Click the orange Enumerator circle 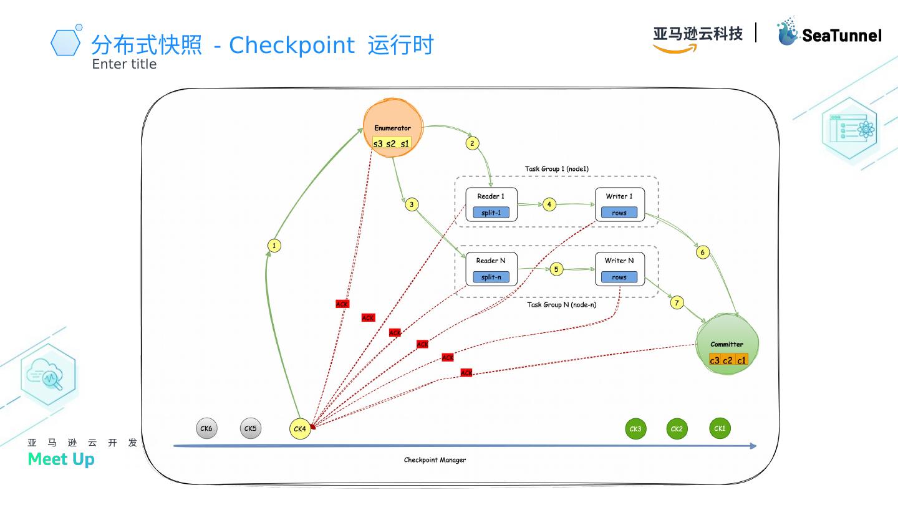coord(393,128)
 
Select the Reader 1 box coord(491,204)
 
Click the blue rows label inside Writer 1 coord(619,213)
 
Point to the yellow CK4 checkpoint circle coord(300,429)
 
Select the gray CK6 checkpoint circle coord(206,428)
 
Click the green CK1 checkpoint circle coord(720,428)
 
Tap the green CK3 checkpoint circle coord(635,429)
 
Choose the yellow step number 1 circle coord(274,246)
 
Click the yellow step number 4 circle coord(549,204)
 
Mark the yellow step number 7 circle coord(677,303)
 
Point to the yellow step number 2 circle coord(472,143)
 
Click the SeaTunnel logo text coord(841,36)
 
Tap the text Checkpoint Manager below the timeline coord(435,460)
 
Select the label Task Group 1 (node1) coord(556,169)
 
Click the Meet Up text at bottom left coord(61,459)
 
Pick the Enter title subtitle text coord(124,64)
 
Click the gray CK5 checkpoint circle coord(250,428)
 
